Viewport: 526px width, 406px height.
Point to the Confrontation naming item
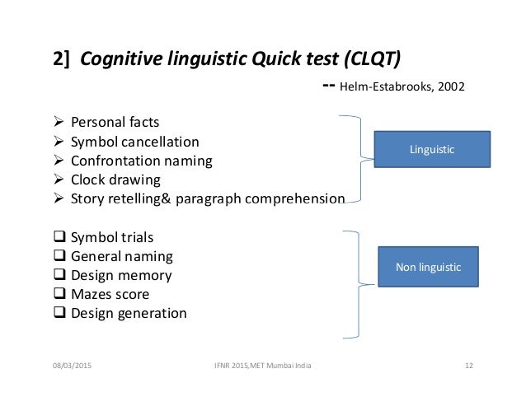click(x=141, y=161)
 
